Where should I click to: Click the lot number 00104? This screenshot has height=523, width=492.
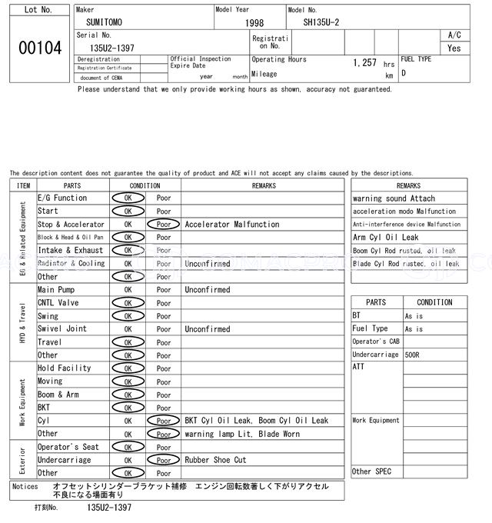[x=39, y=48]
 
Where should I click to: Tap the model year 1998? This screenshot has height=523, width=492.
[x=254, y=24]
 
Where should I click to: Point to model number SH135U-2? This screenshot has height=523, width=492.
[x=321, y=24]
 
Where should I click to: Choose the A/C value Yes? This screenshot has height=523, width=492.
[x=454, y=48]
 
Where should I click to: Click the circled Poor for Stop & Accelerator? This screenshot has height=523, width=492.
[x=164, y=225]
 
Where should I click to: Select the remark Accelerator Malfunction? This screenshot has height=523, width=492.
[x=232, y=225]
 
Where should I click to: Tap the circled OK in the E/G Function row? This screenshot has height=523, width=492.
[x=128, y=198]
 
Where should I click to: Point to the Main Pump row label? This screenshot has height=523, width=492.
[x=56, y=290]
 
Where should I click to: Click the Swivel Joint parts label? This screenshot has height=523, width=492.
[x=62, y=329]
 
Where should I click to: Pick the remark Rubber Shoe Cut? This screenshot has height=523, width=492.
[x=216, y=460]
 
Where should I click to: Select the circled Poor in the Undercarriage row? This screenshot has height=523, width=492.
[x=164, y=460]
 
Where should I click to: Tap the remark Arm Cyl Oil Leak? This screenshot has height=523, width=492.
[x=386, y=238]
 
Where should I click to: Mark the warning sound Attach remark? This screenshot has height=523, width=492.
[x=394, y=198]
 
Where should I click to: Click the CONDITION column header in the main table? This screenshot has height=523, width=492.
[x=145, y=185]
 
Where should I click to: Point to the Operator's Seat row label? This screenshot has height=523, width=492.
[x=68, y=447]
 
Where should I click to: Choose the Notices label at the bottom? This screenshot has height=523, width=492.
[x=25, y=487]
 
